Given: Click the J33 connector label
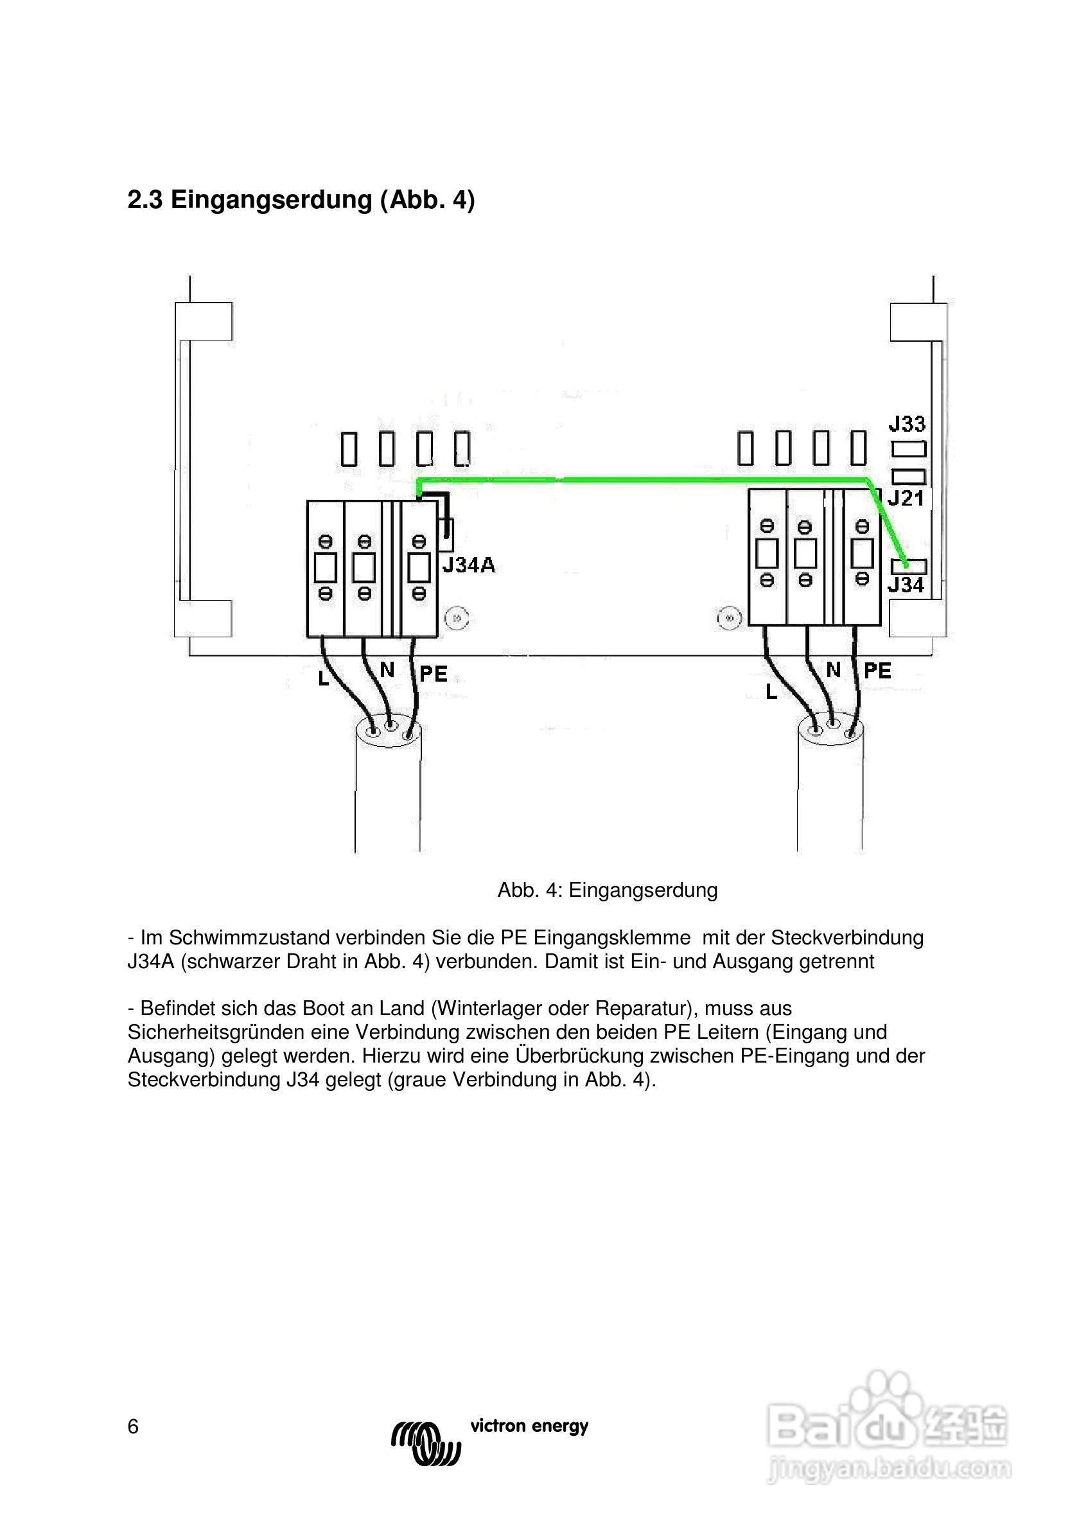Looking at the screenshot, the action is [907, 423].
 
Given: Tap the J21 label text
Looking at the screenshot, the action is [906, 498].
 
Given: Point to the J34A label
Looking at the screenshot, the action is [469, 565].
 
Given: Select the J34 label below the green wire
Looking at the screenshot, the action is [906, 585].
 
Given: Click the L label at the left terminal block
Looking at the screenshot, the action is [324, 678].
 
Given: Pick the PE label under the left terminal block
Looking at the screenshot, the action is [434, 674].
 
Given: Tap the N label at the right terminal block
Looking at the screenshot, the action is [833, 670].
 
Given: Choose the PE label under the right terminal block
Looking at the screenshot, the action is [877, 671].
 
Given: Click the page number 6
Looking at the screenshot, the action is [133, 1427].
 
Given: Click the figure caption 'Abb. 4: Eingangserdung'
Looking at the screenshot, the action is [608, 890].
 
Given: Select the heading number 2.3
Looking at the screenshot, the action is [145, 200].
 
